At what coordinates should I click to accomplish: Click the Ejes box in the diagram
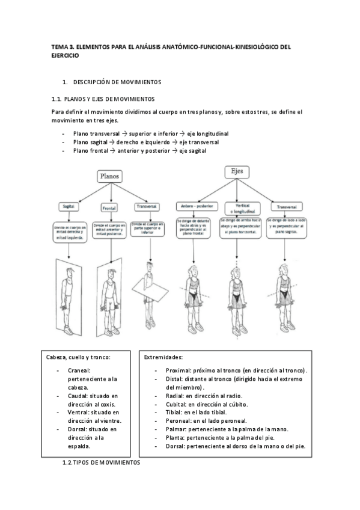[237, 171]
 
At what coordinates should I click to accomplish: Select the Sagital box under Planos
[69, 206]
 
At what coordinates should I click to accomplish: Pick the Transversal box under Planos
[146, 206]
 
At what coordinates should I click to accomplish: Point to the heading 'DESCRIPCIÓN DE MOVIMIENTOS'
[117, 81]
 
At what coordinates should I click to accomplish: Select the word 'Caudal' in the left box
[78, 396]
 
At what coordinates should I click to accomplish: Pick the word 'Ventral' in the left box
[79, 413]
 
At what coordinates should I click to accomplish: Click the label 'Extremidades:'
[163, 357]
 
